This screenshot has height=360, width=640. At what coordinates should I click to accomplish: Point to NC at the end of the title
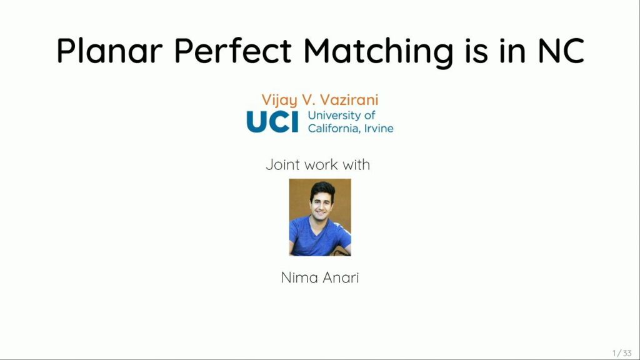[560, 51]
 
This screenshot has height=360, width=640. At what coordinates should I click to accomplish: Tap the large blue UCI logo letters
[273, 122]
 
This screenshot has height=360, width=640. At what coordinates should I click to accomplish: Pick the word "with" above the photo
[356, 165]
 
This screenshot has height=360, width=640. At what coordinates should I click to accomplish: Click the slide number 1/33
[622, 353]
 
